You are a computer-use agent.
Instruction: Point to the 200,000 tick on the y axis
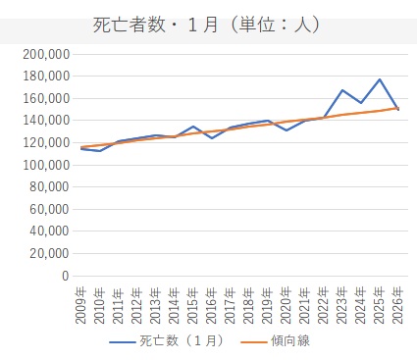point(46,54)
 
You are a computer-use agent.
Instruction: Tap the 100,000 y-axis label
point(46,165)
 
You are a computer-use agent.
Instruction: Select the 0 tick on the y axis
point(66,276)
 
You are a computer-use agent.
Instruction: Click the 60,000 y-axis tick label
point(50,209)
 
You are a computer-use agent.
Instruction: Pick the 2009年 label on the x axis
point(80,305)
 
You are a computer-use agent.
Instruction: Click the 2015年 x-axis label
point(193,305)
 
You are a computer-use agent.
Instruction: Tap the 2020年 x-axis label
point(287,305)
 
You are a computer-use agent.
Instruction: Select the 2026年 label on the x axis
point(398,305)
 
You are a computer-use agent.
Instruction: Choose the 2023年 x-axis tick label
point(342,305)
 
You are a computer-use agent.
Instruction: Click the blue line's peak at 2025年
point(380,79)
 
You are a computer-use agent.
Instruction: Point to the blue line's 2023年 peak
point(342,90)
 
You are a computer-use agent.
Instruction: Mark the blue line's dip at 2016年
point(212,138)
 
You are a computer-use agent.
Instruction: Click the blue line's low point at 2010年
point(99,151)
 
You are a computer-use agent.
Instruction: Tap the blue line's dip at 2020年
point(287,130)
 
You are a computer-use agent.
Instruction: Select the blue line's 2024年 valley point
point(361,103)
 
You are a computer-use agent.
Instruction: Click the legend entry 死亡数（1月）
point(168,341)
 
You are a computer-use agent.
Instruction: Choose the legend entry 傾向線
point(276,341)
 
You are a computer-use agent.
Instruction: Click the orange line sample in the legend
point(254,342)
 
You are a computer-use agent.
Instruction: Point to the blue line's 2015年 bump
point(193,127)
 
